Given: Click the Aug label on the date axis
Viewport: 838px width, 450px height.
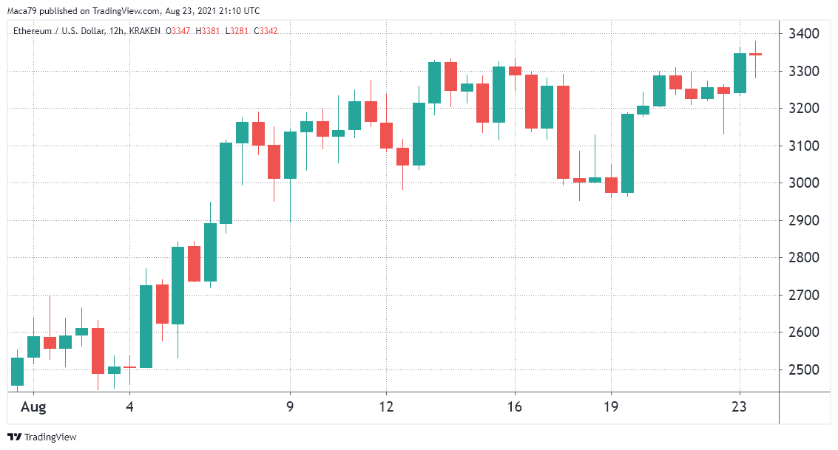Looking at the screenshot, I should (33, 406).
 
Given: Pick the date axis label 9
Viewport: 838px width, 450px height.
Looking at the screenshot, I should (290, 406).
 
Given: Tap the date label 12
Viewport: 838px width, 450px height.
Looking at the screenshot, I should (386, 406).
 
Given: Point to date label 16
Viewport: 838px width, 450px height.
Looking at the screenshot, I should (515, 406).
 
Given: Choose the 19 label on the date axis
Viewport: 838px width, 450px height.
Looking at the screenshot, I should (611, 406).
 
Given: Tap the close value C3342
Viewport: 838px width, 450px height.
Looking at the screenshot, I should (266, 30).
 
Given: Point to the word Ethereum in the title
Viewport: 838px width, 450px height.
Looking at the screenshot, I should (33, 30).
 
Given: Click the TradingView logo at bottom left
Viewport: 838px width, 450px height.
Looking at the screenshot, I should (42, 437).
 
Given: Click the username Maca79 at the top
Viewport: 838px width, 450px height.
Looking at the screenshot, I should (23, 11).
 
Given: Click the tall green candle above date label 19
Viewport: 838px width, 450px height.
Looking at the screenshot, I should (628, 153).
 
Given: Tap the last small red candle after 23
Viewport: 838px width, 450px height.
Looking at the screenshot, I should (756, 55).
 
